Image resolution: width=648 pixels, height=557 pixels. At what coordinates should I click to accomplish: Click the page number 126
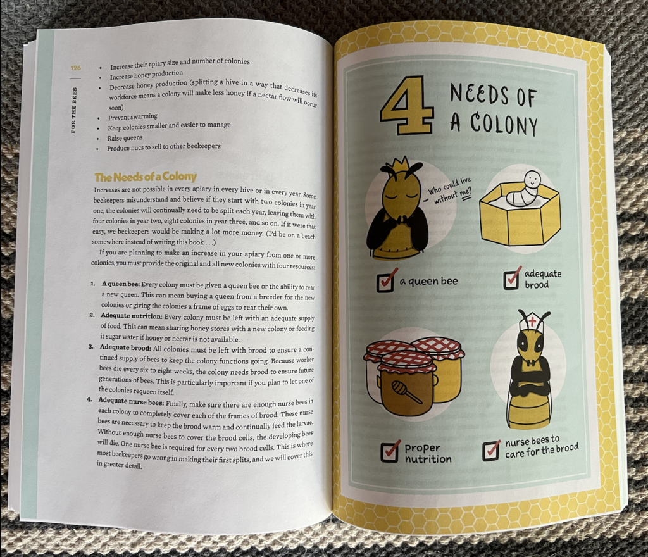[75, 68]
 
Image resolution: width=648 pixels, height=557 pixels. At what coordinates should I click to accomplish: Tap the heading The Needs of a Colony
[145, 177]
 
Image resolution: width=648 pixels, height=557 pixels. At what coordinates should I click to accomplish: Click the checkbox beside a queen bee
[386, 280]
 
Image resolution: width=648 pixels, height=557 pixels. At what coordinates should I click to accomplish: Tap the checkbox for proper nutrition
[390, 451]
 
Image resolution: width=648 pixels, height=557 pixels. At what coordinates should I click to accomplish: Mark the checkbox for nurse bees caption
[492, 449]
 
